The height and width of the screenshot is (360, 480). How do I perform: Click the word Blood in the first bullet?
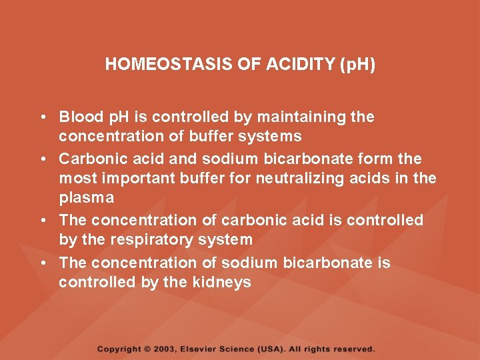click(77, 117)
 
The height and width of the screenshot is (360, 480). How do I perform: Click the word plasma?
click(86, 198)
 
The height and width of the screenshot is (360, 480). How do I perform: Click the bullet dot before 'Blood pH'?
click(42, 117)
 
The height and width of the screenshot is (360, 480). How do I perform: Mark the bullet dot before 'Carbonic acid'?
click(42, 159)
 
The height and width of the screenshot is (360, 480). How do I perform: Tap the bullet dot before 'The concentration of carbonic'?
click(42, 220)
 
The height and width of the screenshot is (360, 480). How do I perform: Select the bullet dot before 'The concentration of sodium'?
click(42, 263)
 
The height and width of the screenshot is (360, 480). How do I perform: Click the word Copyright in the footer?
click(119, 349)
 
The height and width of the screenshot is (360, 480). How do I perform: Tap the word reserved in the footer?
click(353, 349)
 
